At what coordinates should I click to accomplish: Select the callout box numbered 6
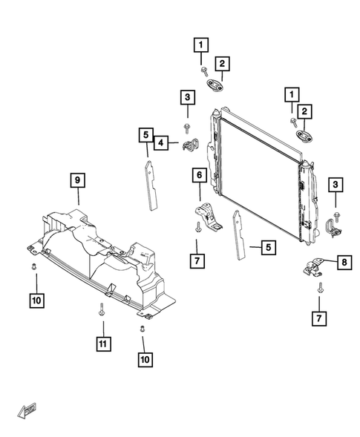click(x=199, y=175)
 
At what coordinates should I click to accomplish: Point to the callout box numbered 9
click(x=78, y=179)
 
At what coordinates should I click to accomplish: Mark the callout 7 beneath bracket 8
click(x=319, y=320)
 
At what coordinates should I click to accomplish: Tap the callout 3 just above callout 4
click(x=188, y=96)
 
